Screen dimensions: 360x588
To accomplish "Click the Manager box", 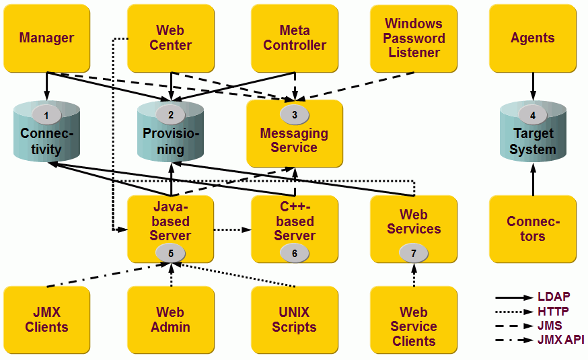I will pos(46,38).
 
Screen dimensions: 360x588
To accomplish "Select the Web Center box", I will pos(170,38).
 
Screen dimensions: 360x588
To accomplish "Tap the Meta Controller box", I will pos(295,38).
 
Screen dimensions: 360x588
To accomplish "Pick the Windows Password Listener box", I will pos(414,38).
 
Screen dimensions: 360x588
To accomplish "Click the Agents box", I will pos(532,38).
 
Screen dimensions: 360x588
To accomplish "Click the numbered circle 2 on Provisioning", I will pos(171,115).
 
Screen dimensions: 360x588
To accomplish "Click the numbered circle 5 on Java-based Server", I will pos(171,253).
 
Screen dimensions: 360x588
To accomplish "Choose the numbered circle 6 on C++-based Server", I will pos(295,253).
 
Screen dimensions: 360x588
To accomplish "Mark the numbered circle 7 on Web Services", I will pos(414,253).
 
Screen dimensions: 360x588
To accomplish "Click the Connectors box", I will pos(532,229).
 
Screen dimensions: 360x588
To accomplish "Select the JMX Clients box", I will pos(46,320).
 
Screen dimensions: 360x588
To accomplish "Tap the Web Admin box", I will pos(170,320).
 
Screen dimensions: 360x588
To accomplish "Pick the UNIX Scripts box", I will pos(295,320).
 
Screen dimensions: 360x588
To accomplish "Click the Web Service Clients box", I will pos(414,326).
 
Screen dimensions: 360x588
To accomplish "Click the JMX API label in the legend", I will pos(560,340).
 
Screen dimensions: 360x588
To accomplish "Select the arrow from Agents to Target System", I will pos(533,86).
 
